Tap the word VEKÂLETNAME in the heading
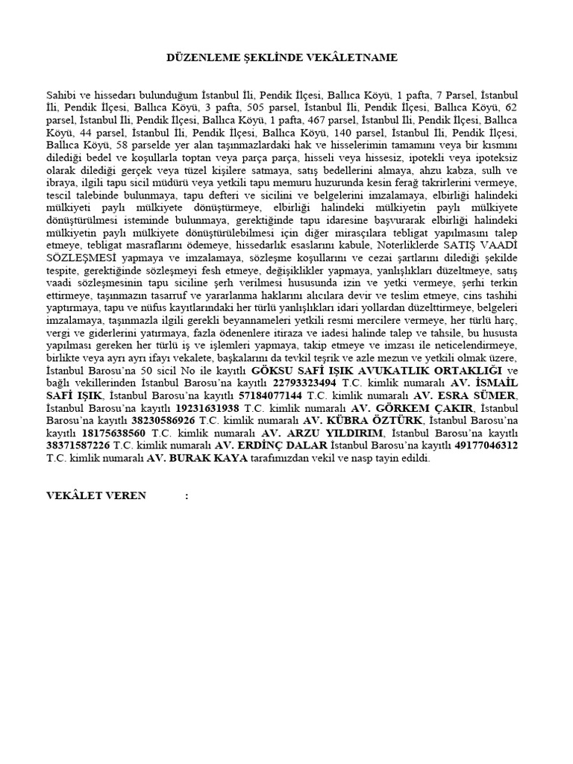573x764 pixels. (353, 57)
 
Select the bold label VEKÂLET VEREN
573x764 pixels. (96, 495)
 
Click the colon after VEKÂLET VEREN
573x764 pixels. (186, 495)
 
